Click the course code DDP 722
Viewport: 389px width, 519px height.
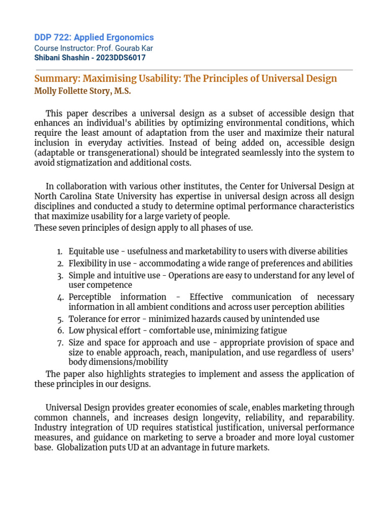[52, 38]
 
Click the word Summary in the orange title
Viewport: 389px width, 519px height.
[56, 79]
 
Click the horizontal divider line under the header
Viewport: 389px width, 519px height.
[193, 70]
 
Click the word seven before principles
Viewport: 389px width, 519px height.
[66, 228]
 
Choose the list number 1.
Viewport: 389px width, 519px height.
[59, 252]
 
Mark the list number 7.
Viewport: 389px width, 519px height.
[59, 343]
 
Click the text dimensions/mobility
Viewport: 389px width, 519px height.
[118, 362]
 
